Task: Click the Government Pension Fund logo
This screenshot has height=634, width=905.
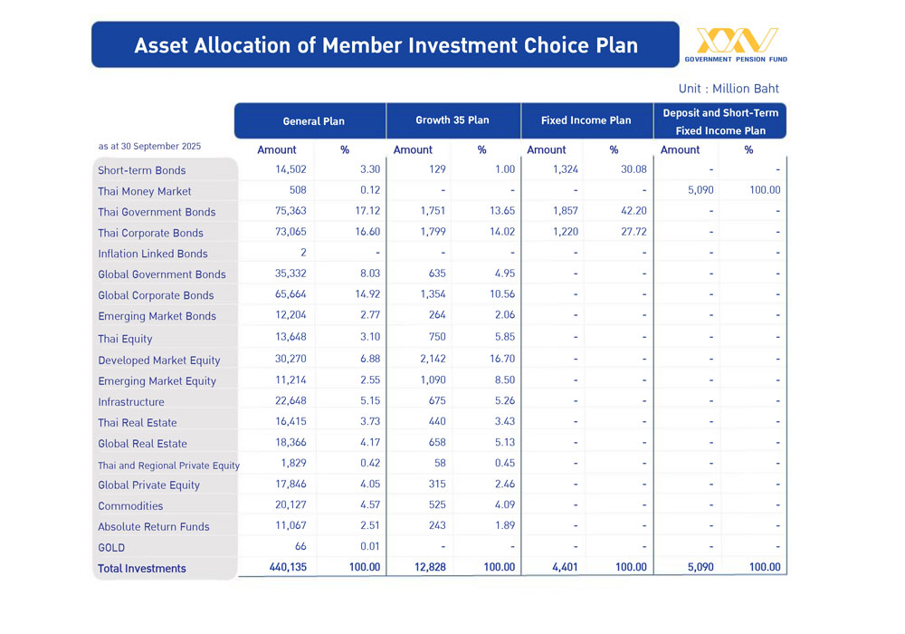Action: click(x=736, y=44)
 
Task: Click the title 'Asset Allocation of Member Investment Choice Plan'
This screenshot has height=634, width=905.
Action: click(x=386, y=45)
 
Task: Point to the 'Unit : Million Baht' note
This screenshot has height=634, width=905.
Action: click(x=729, y=89)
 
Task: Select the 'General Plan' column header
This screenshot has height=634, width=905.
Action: click(x=313, y=121)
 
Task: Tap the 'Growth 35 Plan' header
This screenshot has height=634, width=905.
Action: click(x=452, y=120)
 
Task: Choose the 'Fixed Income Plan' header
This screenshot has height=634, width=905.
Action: click(x=586, y=120)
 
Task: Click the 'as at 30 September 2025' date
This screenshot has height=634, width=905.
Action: click(x=149, y=146)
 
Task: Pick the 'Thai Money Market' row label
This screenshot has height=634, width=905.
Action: click(x=145, y=191)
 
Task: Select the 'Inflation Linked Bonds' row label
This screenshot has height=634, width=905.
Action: click(x=153, y=254)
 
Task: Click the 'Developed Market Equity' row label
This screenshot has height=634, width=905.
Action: click(x=159, y=360)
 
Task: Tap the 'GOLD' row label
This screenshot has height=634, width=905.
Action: click(x=111, y=548)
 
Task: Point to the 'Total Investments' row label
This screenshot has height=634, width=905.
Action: click(x=142, y=569)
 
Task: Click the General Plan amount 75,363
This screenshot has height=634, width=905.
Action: click(x=291, y=211)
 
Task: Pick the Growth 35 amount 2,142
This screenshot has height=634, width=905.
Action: click(x=432, y=359)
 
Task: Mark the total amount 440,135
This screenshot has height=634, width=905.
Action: click(x=289, y=567)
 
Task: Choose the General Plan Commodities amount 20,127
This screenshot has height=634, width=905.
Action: click(x=291, y=504)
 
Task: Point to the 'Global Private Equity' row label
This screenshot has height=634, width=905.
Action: click(x=149, y=485)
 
